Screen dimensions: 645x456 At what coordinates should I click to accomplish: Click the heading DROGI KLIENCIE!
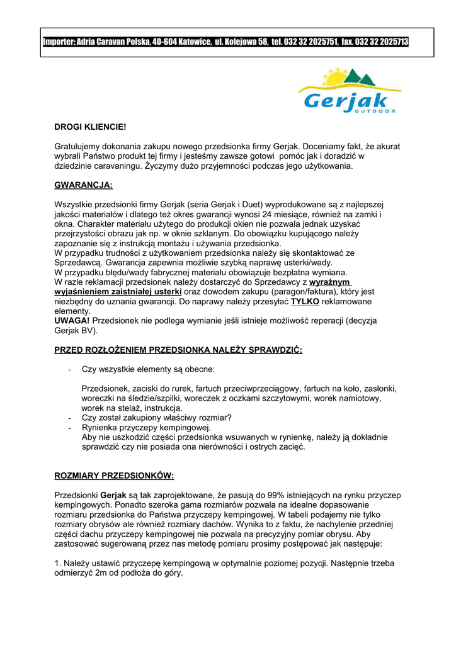coord(90,127)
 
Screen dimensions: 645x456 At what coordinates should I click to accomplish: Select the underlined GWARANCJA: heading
coord(84,185)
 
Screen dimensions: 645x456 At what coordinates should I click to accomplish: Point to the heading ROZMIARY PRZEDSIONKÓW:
coord(114,474)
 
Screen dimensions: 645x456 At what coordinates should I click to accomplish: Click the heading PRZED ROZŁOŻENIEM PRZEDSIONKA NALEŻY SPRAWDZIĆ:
coord(178,350)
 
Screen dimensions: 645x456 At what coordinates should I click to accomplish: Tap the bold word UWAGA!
coord(72,321)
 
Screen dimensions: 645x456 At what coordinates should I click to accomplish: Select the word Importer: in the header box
coord(59,42)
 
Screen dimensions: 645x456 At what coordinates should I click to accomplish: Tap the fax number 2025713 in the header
coord(390,42)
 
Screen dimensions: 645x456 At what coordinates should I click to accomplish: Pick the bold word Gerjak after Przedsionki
coord(113,495)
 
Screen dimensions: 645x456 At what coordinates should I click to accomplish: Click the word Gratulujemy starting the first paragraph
coord(79,146)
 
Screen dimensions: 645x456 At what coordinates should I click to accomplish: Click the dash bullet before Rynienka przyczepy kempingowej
coord(69,428)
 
